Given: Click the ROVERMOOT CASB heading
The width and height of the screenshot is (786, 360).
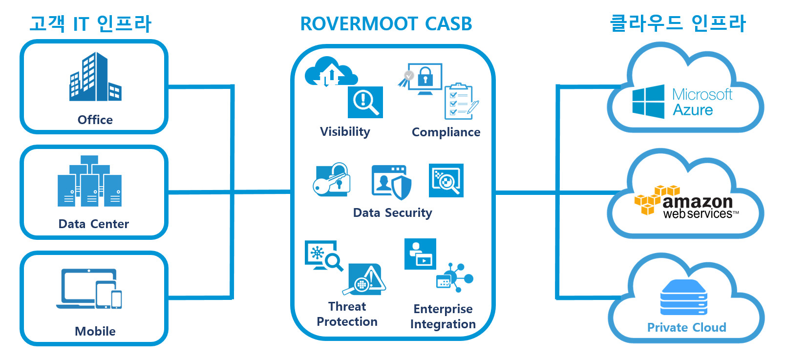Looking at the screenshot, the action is click(x=386, y=24).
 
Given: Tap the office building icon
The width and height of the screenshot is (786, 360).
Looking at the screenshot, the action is click(x=95, y=77).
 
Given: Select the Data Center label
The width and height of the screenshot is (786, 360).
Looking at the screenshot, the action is click(x=94, y=224).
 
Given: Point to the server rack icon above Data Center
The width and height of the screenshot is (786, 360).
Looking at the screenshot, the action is click(x=89, y=181).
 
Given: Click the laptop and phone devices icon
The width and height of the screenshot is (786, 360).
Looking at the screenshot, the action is click(x=89, y=289).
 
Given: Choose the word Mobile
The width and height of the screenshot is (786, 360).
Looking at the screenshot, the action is click(x=95, y=331).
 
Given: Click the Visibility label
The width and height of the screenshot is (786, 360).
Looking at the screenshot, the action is click(x=345, y=132).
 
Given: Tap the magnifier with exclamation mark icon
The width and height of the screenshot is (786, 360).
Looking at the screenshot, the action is click(x=365, y=102).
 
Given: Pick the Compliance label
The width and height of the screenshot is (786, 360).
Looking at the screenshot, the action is click(x=446, y=132).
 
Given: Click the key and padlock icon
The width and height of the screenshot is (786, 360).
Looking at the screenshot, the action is click(x=332, y=179).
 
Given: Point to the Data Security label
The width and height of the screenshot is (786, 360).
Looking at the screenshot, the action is click(x=392, y=212).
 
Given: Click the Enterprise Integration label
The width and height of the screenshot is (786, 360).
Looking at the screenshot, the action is click(x=443, y=317).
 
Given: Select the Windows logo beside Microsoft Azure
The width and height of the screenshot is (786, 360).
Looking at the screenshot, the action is click(x=648, y=102).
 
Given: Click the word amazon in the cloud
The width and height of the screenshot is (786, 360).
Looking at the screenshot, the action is click(x=698, y=202).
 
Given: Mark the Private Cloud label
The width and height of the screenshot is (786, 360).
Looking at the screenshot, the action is click(x=687, y=327).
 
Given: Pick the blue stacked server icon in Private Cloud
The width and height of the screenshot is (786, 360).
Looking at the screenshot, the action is click(x=683, y=297).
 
